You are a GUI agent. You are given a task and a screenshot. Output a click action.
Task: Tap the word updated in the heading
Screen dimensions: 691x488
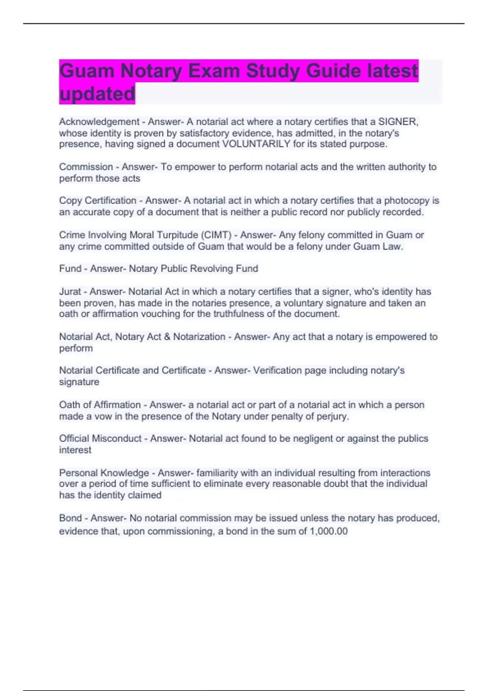click(97, 94)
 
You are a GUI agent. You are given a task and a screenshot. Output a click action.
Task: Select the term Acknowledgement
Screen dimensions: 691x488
click(99, 122)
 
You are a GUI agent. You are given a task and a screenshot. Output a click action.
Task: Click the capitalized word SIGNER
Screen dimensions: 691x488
click(398, 122)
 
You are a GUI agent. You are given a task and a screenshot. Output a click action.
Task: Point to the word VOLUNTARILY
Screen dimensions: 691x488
click(257, 144)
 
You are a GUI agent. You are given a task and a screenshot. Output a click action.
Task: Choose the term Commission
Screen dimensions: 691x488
click(86, 167)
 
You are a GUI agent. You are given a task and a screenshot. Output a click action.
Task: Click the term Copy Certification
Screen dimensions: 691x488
click(98, 200)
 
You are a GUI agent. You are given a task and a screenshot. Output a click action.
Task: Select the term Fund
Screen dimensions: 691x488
click(70, 269)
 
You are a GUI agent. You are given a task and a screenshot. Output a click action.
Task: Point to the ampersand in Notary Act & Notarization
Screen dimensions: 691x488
click(167, 337)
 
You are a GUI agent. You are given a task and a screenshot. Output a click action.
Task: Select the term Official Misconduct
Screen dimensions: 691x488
click(100, 439)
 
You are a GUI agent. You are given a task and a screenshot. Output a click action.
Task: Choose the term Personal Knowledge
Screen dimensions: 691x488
click(104, 473)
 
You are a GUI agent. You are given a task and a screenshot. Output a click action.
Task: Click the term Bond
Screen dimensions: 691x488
click(70, 518)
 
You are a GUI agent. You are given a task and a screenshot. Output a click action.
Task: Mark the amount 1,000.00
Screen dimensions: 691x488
click(329, 531)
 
